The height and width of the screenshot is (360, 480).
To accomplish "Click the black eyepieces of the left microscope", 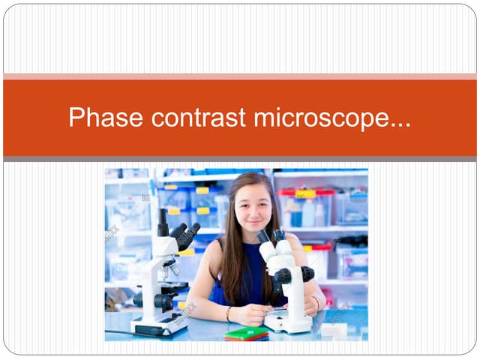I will point(185,234).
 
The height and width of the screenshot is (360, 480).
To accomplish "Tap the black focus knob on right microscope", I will point(307,274).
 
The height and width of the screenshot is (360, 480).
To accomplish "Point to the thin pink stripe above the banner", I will point(240,76).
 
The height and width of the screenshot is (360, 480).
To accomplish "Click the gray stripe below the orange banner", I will point(240,159).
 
